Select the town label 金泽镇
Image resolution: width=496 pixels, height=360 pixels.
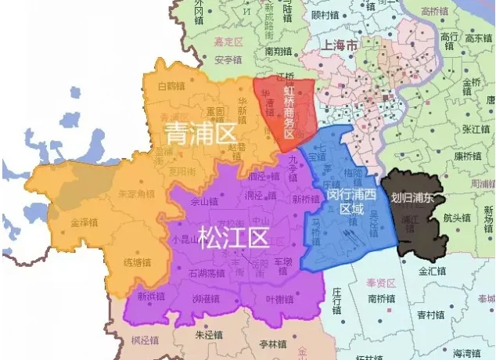click(84, 222)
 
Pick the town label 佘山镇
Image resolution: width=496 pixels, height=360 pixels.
click(204, 202)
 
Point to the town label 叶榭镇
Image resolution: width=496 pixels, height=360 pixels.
click(279, 299)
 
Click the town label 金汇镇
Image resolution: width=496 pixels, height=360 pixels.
click(431, 272)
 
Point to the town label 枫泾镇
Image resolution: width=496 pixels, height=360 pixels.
click(145, 340)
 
